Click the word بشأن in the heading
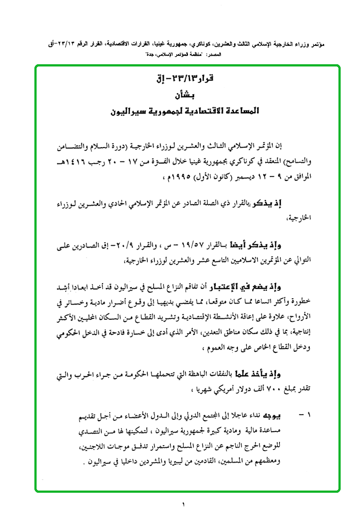[183, 95]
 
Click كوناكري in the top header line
[205, 45]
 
